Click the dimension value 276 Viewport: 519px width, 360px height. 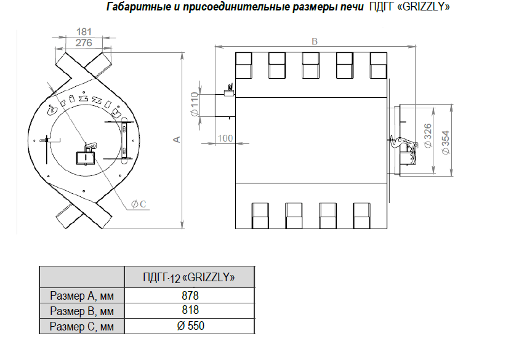click(83, 42)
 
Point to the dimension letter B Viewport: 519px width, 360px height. click(314, 42)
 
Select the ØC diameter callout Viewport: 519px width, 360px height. click(138, 204)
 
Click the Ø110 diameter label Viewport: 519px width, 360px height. click(195, 105)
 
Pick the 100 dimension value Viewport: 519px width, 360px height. click(225, 138)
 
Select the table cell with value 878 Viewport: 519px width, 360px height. click(190, 295)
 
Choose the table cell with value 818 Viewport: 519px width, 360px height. click(190, 310)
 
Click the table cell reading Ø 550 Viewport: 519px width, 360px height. click(190, 326)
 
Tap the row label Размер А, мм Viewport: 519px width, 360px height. click(82, 295)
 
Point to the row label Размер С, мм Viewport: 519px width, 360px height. click(82, 326)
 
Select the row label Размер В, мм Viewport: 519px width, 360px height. click(82, 310)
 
